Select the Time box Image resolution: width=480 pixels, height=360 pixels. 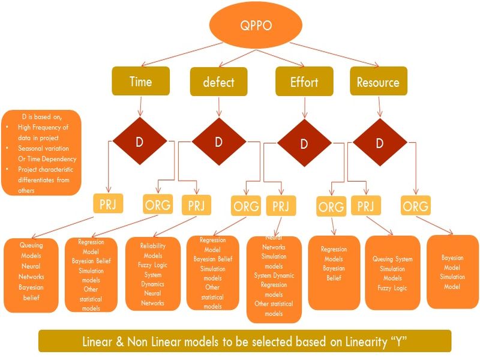[140, 81]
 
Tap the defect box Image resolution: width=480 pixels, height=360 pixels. [218, 82]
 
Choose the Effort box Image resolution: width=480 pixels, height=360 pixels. [304, 82]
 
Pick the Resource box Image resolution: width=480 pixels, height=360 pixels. [378, 81]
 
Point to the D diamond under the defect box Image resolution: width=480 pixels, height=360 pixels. [218, 142]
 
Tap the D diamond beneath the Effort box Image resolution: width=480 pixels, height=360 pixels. [304, 144]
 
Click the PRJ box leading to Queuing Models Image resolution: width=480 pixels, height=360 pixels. [109, 203]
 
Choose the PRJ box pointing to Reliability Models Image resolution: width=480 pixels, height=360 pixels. [196, 205]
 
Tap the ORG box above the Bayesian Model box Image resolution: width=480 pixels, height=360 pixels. [416, 206]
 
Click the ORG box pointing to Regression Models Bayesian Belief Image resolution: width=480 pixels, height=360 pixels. [331, 207]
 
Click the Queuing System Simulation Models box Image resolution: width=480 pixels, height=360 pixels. [392, 272]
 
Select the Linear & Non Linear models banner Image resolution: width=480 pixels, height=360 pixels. [244, 341]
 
